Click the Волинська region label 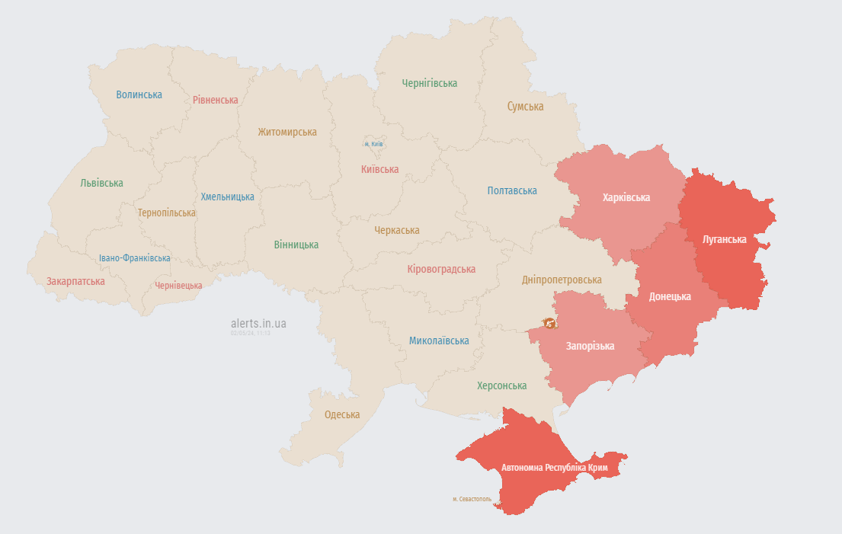[x=139, y=94]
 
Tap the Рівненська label [x=215, y=100]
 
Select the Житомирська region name [x=287, y=132]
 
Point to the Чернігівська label [x=430, y=83]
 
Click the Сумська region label [x=525, y=107]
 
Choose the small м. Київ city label [x=373, y=144]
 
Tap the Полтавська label [x=512, y=190]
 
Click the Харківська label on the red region [x=626, y=197]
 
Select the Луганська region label [x=724, y=238]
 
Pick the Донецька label [x=670, y=296]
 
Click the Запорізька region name [x=590, y=346]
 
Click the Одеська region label [x=342, y=414]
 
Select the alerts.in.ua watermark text [x=258, y=323]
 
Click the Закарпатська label [x=75, y=281]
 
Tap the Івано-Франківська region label [x=134, y=258]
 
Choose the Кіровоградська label [x=441, y=269]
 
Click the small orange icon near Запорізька [x=549, y=323]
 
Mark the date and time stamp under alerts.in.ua [x=251, y=333]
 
